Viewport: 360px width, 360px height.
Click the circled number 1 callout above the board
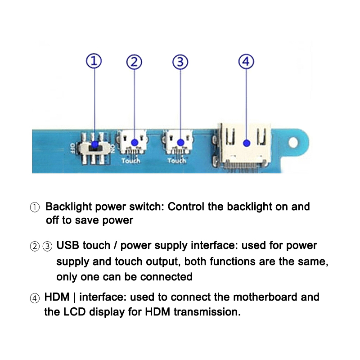pos(94,61)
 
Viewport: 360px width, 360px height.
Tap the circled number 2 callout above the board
pos(134,62)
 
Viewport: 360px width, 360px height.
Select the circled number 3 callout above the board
pos(180,62)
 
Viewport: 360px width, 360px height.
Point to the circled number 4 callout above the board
pos(246,61)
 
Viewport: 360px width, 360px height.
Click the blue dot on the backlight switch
pos(94,145)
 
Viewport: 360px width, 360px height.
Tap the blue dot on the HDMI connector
pos(246,143)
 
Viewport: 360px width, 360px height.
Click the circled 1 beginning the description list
pos(35,207)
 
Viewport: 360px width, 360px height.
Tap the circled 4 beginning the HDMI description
pos(35,297)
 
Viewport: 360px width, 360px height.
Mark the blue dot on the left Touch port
pos(134,142)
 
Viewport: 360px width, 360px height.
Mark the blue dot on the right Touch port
pos(180,142)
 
